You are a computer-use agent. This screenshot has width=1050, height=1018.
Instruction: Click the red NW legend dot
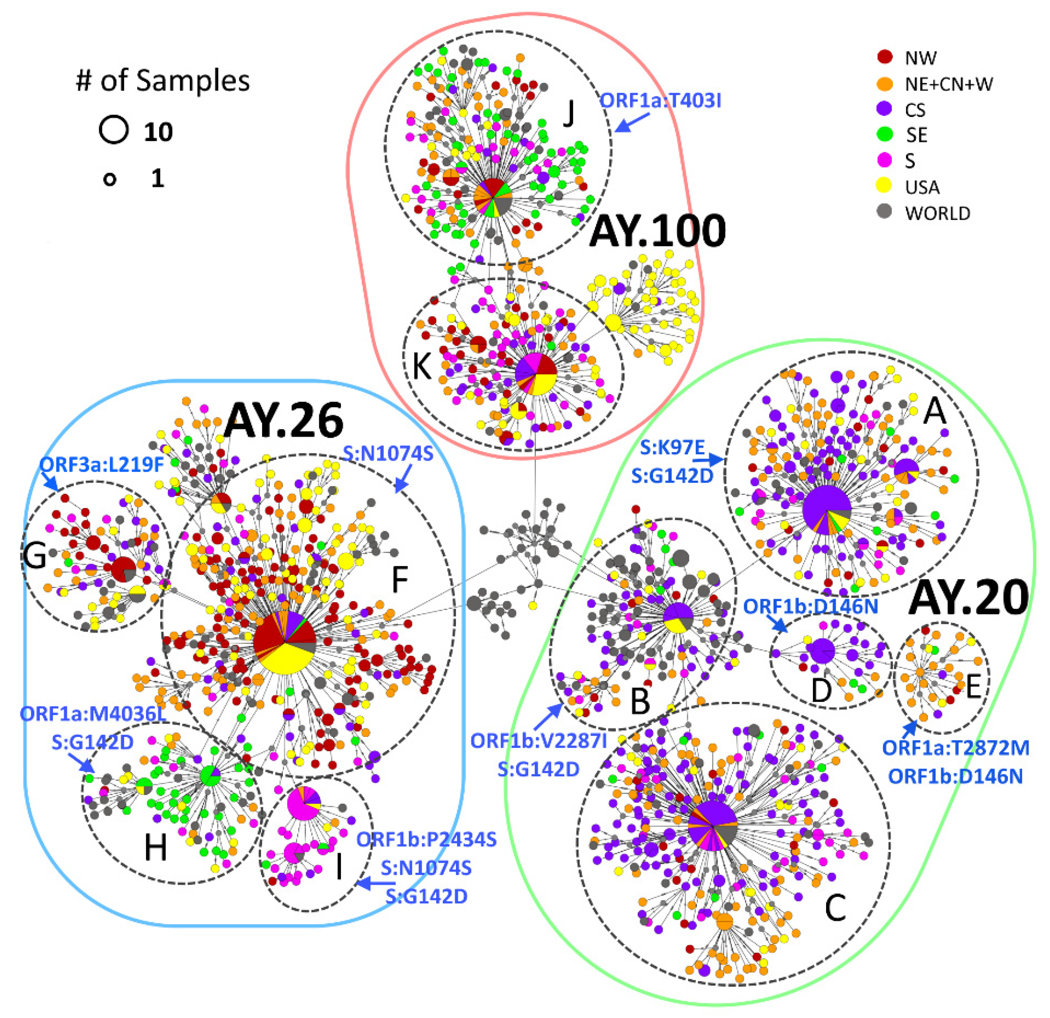pos(885,56)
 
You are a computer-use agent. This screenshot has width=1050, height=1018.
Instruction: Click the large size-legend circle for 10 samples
pos(113,130)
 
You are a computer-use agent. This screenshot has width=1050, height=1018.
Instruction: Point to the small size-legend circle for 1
pos(110,179)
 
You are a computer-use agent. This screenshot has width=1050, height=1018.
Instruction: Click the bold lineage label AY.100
pos(657,231)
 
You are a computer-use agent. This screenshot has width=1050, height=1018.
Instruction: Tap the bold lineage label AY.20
pos(969,598)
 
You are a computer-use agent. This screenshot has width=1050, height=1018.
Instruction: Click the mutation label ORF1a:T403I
pos(660,101)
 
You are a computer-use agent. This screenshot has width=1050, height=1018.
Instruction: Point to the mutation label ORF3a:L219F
pos(102,464)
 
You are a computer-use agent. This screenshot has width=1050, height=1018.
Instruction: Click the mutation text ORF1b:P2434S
pos(427,840)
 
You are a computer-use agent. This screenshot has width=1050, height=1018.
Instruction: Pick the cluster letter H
pos(155,848)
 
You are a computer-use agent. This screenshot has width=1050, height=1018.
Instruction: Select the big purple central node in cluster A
pos(826,510)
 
